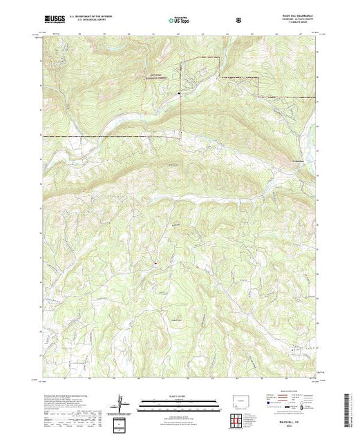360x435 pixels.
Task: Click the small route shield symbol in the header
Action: click(238, 20)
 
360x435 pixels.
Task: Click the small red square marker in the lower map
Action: click(156, 262)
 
